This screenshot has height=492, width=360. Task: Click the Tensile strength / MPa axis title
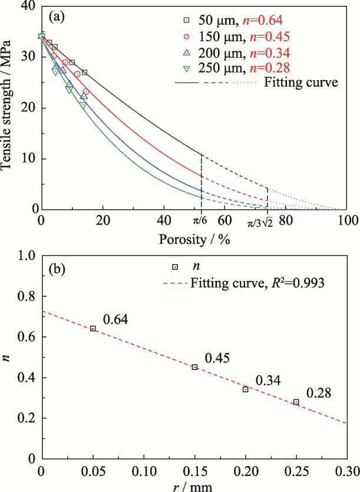8,110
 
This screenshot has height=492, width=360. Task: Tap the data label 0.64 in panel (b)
115,320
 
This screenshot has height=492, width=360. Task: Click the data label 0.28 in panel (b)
319,394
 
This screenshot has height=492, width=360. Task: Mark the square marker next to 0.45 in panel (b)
194,367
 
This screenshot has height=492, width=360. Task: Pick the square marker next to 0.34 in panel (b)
246,389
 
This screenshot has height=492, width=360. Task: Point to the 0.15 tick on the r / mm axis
194,471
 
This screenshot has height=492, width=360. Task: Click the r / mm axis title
194,487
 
